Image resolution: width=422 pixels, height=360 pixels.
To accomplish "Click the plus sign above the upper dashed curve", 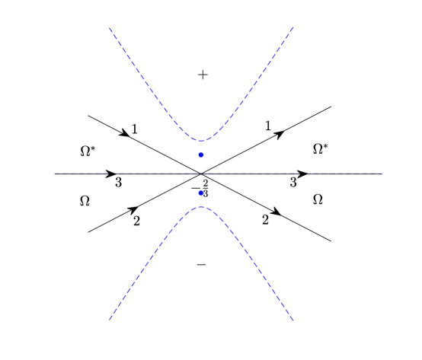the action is point(203,75).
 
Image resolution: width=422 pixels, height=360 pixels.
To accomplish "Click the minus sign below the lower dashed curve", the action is point(201,265).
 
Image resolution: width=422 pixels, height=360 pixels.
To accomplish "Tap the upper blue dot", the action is point(201,155).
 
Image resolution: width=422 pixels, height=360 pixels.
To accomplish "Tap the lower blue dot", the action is point(201,193).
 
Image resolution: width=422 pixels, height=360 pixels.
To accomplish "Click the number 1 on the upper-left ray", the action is point(135,129).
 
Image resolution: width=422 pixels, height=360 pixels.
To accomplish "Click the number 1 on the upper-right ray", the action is point(268,126).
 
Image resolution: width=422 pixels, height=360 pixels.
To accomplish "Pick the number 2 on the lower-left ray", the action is point(136,221).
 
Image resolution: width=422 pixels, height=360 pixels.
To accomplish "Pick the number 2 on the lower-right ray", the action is point(265,220).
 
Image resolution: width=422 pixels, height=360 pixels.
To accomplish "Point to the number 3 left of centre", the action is point(118,183).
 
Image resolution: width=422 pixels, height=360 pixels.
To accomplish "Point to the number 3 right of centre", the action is point(293,182).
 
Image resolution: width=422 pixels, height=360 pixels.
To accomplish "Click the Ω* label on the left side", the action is point(88,151).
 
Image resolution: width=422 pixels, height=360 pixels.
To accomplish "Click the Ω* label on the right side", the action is point(321,148).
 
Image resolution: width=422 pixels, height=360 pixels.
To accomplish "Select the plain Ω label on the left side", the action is point(85,201).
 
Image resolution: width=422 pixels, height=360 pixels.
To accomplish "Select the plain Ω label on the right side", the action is point(318,199).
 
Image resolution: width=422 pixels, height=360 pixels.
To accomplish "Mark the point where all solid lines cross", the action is point(201,174).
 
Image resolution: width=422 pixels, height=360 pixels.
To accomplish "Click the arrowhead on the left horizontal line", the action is point(111,174).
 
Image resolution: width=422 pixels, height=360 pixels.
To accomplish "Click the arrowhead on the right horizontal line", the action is point(302,174).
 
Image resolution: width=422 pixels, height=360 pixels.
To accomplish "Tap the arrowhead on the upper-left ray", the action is point(123,132).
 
